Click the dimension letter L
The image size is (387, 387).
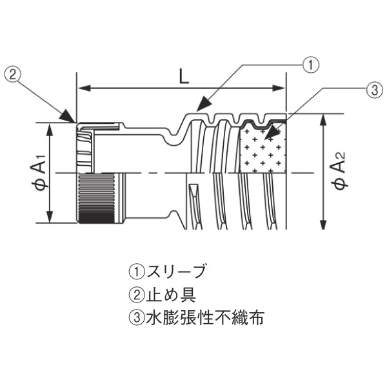pos(184,77)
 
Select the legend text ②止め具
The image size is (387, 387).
pos(162,294)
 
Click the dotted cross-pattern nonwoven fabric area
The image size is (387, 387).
pos(261,152)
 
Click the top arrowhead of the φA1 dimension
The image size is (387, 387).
pos(50,127)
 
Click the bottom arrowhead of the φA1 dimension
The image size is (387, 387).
pos(50,219)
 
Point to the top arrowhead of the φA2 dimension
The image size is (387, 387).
pos(322,119)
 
